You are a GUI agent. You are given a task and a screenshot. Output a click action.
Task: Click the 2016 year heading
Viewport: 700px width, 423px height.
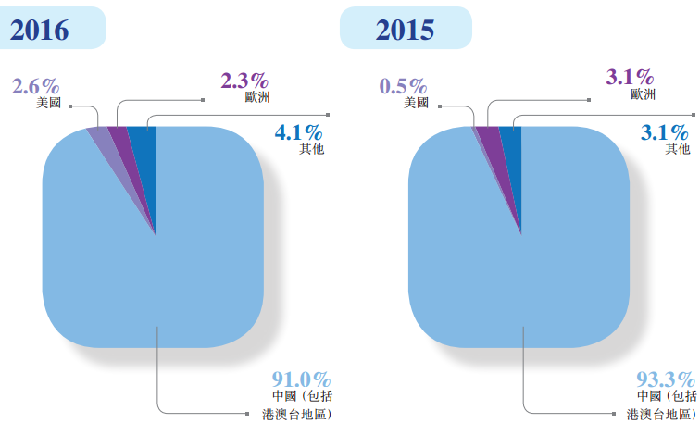pyautogui.click(x=40, y=30)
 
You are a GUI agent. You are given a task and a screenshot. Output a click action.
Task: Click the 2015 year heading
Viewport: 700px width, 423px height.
pyautogui.click(x=405, y=30)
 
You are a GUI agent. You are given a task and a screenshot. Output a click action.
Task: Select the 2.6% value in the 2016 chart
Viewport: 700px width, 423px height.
pyautogui.click(x=36, y=87)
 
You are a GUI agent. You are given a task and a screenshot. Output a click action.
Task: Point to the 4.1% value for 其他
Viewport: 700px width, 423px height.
pyautogui.click(x=299, y=133)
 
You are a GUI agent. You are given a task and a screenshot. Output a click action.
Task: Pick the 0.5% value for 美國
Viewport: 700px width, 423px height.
pyautogui.click(x=405, y=87)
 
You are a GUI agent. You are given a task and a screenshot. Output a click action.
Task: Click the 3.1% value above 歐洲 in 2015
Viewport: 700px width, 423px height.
pyautogui.click(x=631, y=78)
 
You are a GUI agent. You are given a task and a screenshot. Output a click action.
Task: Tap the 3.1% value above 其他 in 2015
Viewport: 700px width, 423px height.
pyautogui.click(x=666, y=133)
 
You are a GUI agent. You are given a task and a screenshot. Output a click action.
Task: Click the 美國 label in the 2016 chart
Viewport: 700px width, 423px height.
pyautogui.click(x=49, y=103)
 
